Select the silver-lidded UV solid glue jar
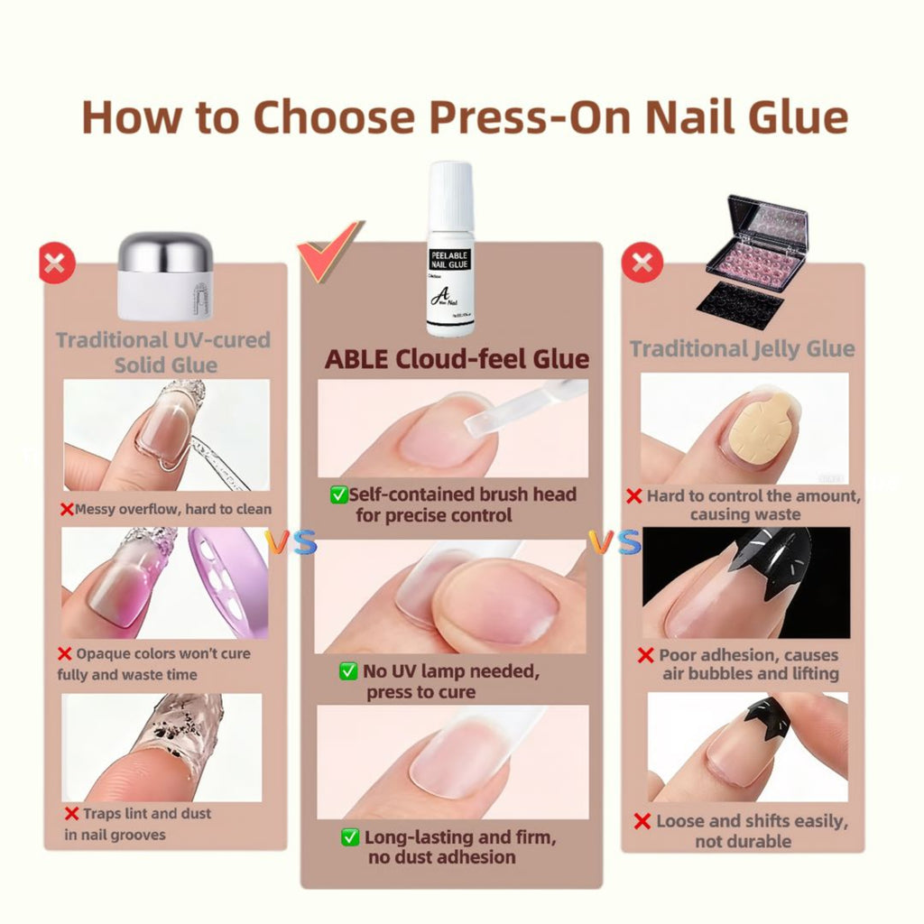pyautogui.click(x=164, y=277)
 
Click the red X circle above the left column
pyautogui.click(x=56, y=264)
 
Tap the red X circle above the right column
pyautogui.click(x=642, y=263)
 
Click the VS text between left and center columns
pyautogui.click(x=291, y=542)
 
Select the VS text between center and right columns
pyautogui.click(x=614, y=542)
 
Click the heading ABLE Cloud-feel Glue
pyautogui.click(x=457, y=359)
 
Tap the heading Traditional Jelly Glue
pyautogui.click(x=742, y=349)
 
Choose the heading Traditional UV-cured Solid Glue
pyautogui.click(x=163, y=352)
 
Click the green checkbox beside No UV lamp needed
pyautogui.click(x=347, y=671)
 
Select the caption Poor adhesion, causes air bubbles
pyautogui.click(x=749, y=664)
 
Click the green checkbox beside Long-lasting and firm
pyautogui.click(x=350, y=837)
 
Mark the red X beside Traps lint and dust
pyautogui.click(x=69, y=814)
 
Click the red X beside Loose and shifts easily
pyautogui.click(x=642, y=821)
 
